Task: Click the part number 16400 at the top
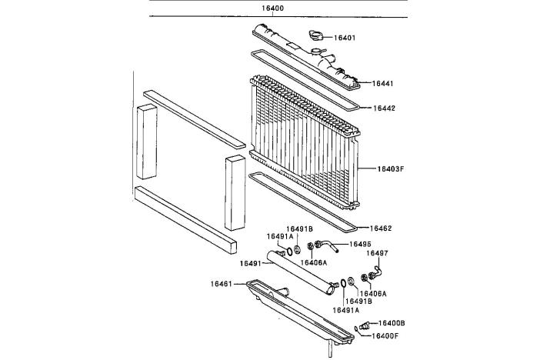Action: [272, 8]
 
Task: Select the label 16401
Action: [344, 37]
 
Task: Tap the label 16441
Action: [383, 83]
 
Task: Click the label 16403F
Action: [391, 168]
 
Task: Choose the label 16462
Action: [381, 228]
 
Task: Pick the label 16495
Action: [361, 244]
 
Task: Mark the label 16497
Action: [377, 253]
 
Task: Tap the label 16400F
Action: [389, 335]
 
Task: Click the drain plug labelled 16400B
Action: [363, 324]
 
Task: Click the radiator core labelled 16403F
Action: [308, 142]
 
